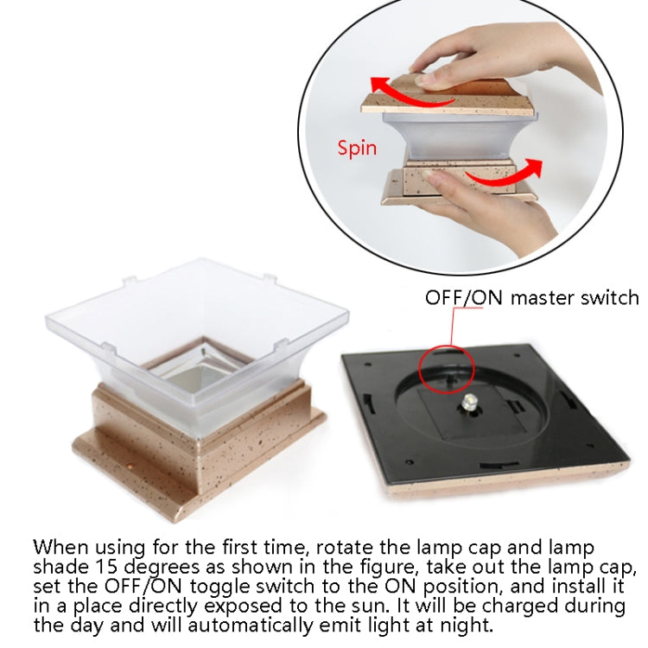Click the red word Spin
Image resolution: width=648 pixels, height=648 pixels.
tap(357, 149)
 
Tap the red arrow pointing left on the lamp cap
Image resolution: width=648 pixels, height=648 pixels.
tap(410, 94)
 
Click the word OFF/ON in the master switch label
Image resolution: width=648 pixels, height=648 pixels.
tap(464, 298)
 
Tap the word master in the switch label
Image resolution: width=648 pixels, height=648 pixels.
tap(543, 298)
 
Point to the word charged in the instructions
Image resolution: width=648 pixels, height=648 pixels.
tap(521, 607)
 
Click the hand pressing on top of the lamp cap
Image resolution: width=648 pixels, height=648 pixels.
tap(487, 58)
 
